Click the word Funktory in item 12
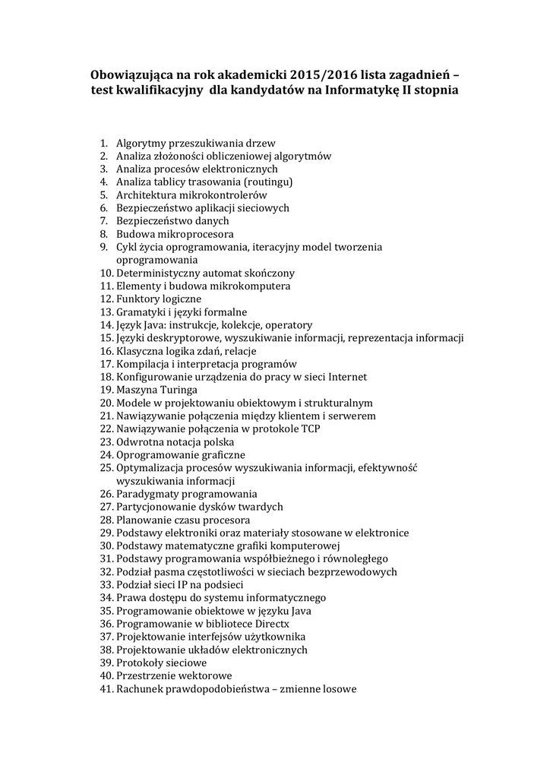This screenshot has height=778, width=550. [x=138, y=299]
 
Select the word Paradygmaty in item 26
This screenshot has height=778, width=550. [x=147, y=494]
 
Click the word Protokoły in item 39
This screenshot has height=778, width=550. [x=141, y=663]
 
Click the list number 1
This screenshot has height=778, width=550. [x=104, y=143]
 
